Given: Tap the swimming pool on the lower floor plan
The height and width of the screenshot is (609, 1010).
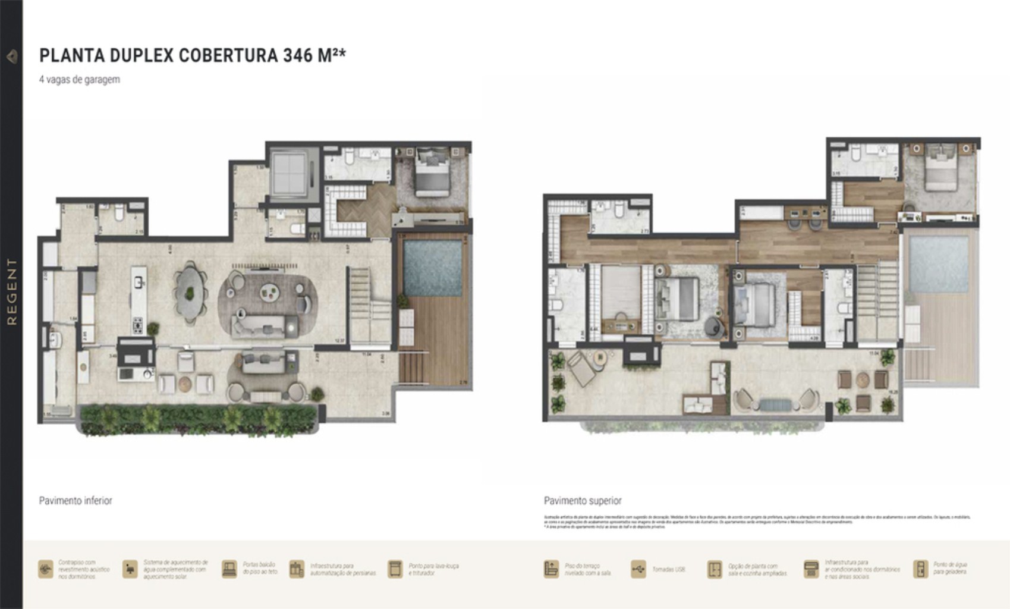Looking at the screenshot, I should click(x=432, y=267).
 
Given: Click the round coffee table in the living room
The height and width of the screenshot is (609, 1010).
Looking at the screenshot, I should click(x=269, y=291).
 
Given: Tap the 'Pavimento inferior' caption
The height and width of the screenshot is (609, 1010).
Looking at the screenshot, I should click(x=75, y=501).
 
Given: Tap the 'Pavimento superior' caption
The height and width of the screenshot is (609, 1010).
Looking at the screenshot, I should click(x=583, y=501).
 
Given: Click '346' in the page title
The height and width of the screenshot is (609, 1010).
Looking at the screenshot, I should click(x=298, y=55).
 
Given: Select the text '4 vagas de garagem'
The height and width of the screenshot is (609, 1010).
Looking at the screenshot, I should click(x=80, y=79).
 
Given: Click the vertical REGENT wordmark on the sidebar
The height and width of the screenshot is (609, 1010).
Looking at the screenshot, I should click(x=11, y=291).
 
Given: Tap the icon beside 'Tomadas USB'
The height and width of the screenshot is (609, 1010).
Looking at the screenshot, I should click(x=638, y=569).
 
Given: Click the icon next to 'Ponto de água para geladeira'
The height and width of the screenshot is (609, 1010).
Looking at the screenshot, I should click(x=920, y=569).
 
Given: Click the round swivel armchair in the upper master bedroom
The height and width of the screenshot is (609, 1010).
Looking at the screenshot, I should click(x=712, y=327).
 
